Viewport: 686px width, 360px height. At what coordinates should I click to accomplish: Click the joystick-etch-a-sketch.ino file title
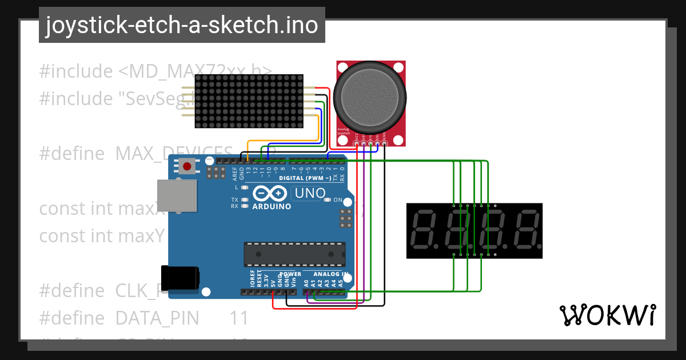pyautogui.click(x=182, y=25)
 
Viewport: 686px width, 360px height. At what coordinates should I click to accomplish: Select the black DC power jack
pyautogui.click(x=180, y=278)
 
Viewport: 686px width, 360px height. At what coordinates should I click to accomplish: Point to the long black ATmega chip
pyautogui.click(x=295, y=254)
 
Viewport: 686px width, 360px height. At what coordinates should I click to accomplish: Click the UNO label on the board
pyautogui.click(x=309, y=194)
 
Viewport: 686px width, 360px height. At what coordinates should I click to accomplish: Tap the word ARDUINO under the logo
pyautogui.click(x=272, y=206)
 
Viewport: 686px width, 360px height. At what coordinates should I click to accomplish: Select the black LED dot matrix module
pyautogui.click(x=249, y=101)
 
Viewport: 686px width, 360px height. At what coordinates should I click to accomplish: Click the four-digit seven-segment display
pyautogui.click(x=474, y=231)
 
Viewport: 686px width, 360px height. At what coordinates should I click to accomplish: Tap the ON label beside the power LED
pyautogui.click(x=337, y=200)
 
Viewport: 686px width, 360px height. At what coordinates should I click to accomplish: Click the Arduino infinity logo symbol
pyautogui.click(x=271, y=193)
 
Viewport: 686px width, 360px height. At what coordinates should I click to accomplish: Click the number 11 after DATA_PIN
pyautogui.click(x=239, y=318)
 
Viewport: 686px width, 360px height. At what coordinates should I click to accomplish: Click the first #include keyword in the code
pyautogui.click(x=76, y=71)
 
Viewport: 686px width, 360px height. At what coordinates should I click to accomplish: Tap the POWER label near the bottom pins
pyautogui.click(x=289, y=274)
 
